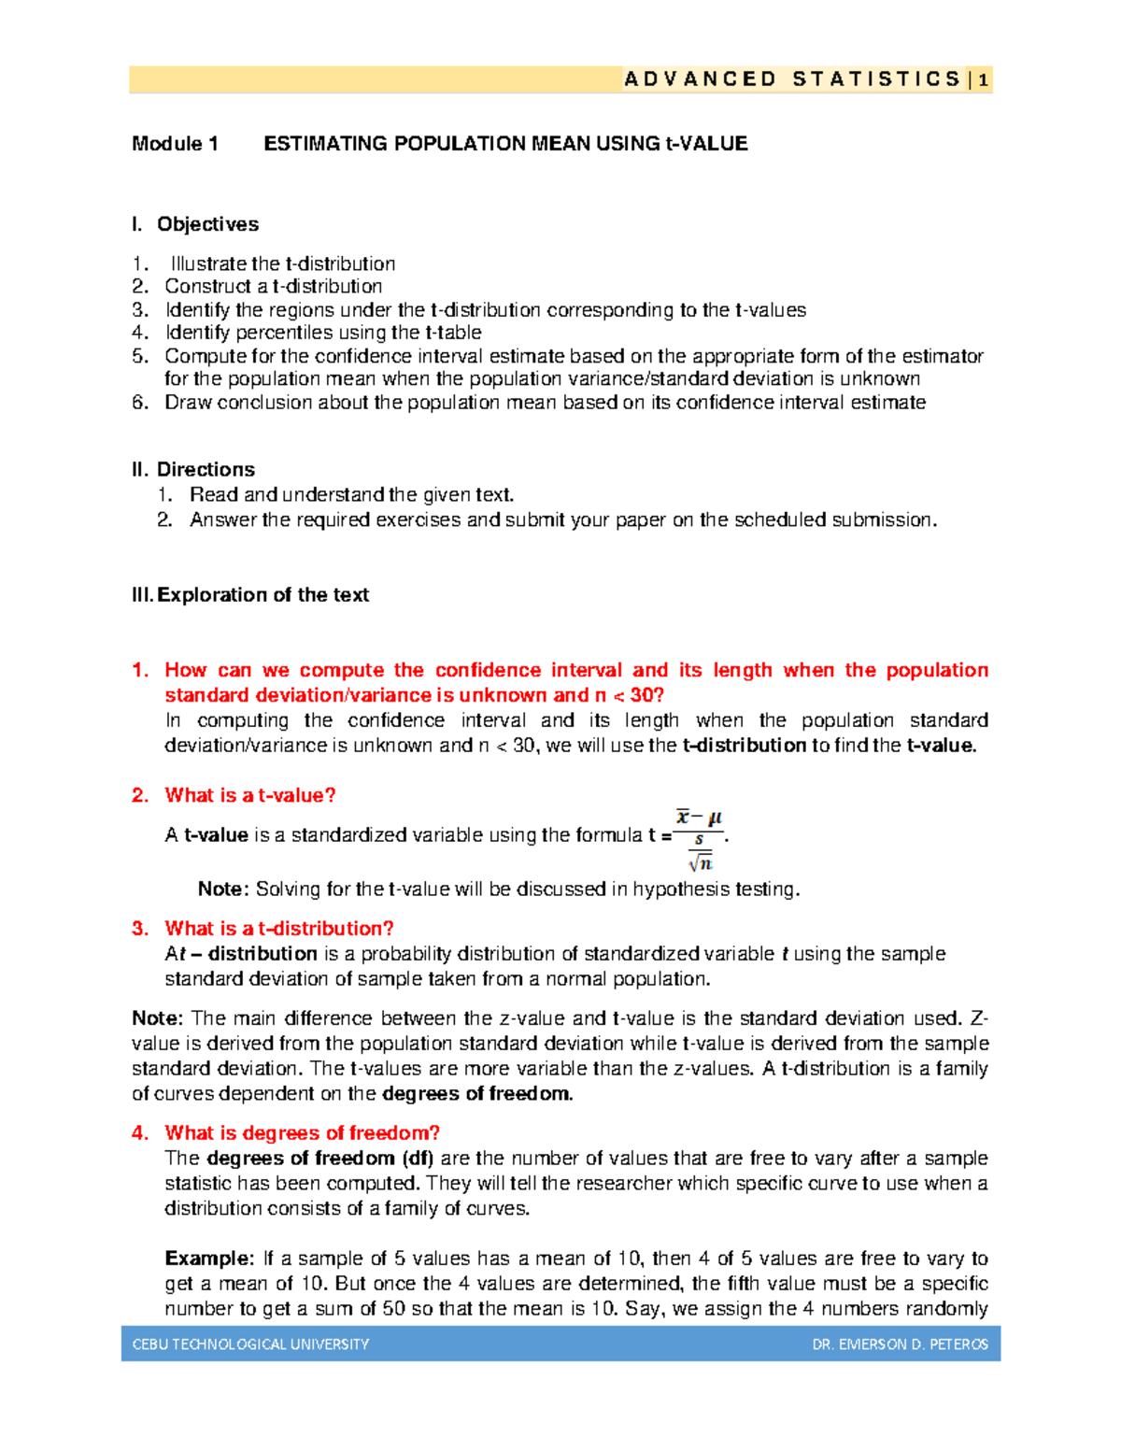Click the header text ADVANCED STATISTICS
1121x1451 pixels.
point(792,79)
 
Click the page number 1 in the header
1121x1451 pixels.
point(983,80)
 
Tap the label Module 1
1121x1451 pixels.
point(175,144)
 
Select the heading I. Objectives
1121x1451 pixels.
point(195,224)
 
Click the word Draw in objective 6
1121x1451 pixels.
point(188,403)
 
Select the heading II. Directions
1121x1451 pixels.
point(193,469)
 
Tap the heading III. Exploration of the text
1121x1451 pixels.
point(250,595)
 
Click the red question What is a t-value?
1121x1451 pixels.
point(249,795)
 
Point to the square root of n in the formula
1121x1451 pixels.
point(700,862)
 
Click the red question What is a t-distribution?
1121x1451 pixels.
point(278,929)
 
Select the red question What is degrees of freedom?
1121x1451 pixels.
point(302,1133)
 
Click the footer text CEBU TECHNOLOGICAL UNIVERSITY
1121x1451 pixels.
point(250,1344)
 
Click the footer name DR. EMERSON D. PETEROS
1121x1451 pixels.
point(900,1344)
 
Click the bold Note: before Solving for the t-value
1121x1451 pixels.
point(223,889)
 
